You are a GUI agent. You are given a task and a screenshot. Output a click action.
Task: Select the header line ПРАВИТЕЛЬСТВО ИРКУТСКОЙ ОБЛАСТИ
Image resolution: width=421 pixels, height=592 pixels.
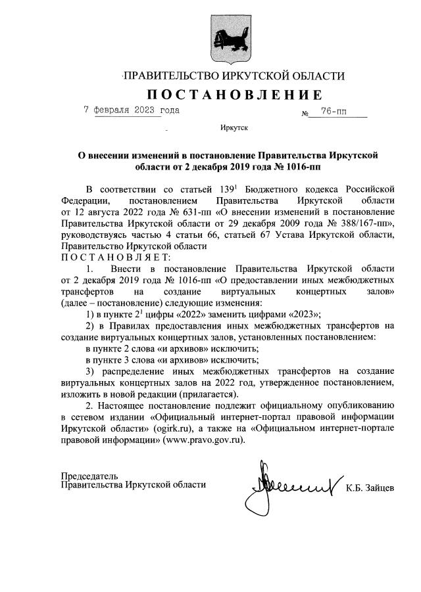coord(234,76)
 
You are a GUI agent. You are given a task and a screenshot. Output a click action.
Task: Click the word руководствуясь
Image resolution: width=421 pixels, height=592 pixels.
coord(95,235)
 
